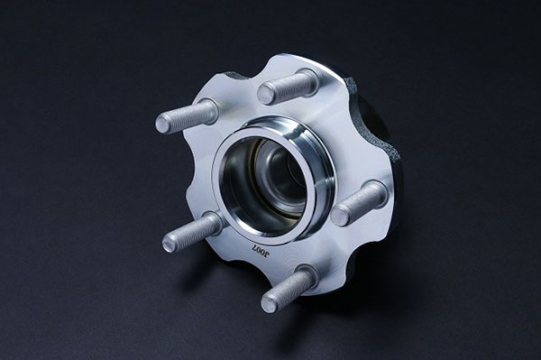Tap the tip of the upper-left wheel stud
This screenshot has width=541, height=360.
[x=163, y=124]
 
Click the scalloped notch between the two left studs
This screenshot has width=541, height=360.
[x=200, y=171]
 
